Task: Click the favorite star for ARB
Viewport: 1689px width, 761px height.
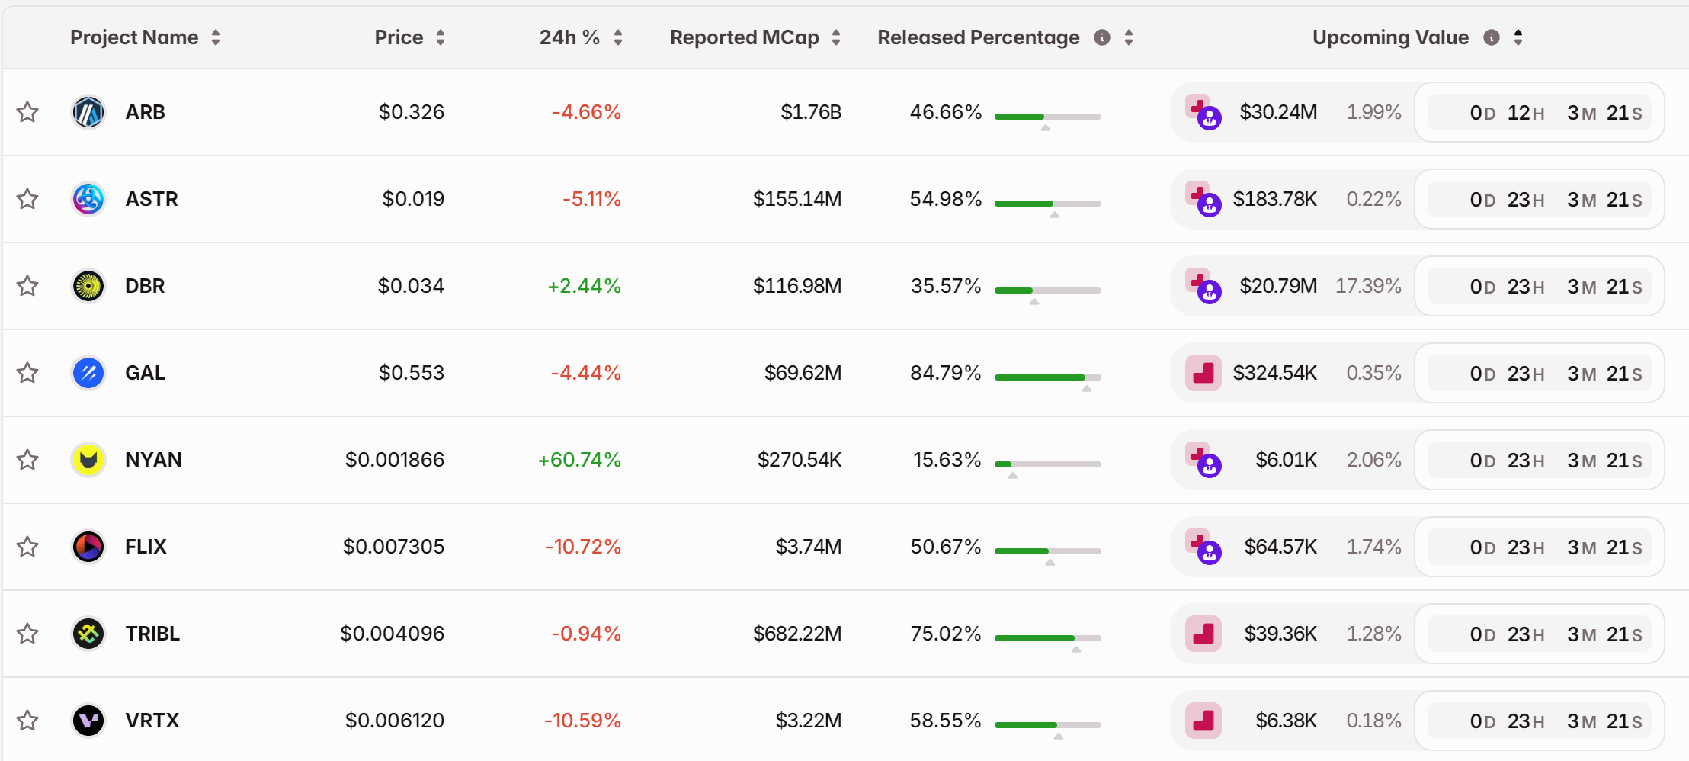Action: point(28,112)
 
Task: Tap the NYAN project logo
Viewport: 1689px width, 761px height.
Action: point(88,460)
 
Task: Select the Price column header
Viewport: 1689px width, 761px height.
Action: point(399,37)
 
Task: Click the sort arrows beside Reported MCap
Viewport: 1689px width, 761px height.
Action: point(836,37)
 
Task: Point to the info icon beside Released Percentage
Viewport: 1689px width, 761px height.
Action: point(1102,37)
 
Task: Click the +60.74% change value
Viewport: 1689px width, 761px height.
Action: point(579,460)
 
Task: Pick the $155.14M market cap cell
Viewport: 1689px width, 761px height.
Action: point(797,199)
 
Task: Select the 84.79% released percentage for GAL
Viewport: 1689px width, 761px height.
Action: point(945,373)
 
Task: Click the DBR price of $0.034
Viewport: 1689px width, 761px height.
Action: point(411,286)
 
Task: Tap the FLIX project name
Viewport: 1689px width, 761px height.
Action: point(146,547)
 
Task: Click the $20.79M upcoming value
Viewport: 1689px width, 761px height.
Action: point(1278,286)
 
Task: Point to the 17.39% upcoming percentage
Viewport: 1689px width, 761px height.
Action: point(1368,286)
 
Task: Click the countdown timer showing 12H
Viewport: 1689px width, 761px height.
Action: point(1540,113)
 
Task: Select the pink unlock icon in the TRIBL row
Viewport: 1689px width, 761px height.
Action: point(1203,634)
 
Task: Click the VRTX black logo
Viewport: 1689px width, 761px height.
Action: point(88,721)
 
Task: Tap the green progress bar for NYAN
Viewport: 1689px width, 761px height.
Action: point(1003,464)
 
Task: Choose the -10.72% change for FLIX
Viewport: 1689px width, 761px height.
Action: point(583,547)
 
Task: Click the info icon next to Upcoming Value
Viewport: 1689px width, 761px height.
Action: point(1492,37)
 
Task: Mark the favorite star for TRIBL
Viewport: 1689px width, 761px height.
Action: point(28,634)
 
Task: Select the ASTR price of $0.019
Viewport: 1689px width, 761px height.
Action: point(413,199)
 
